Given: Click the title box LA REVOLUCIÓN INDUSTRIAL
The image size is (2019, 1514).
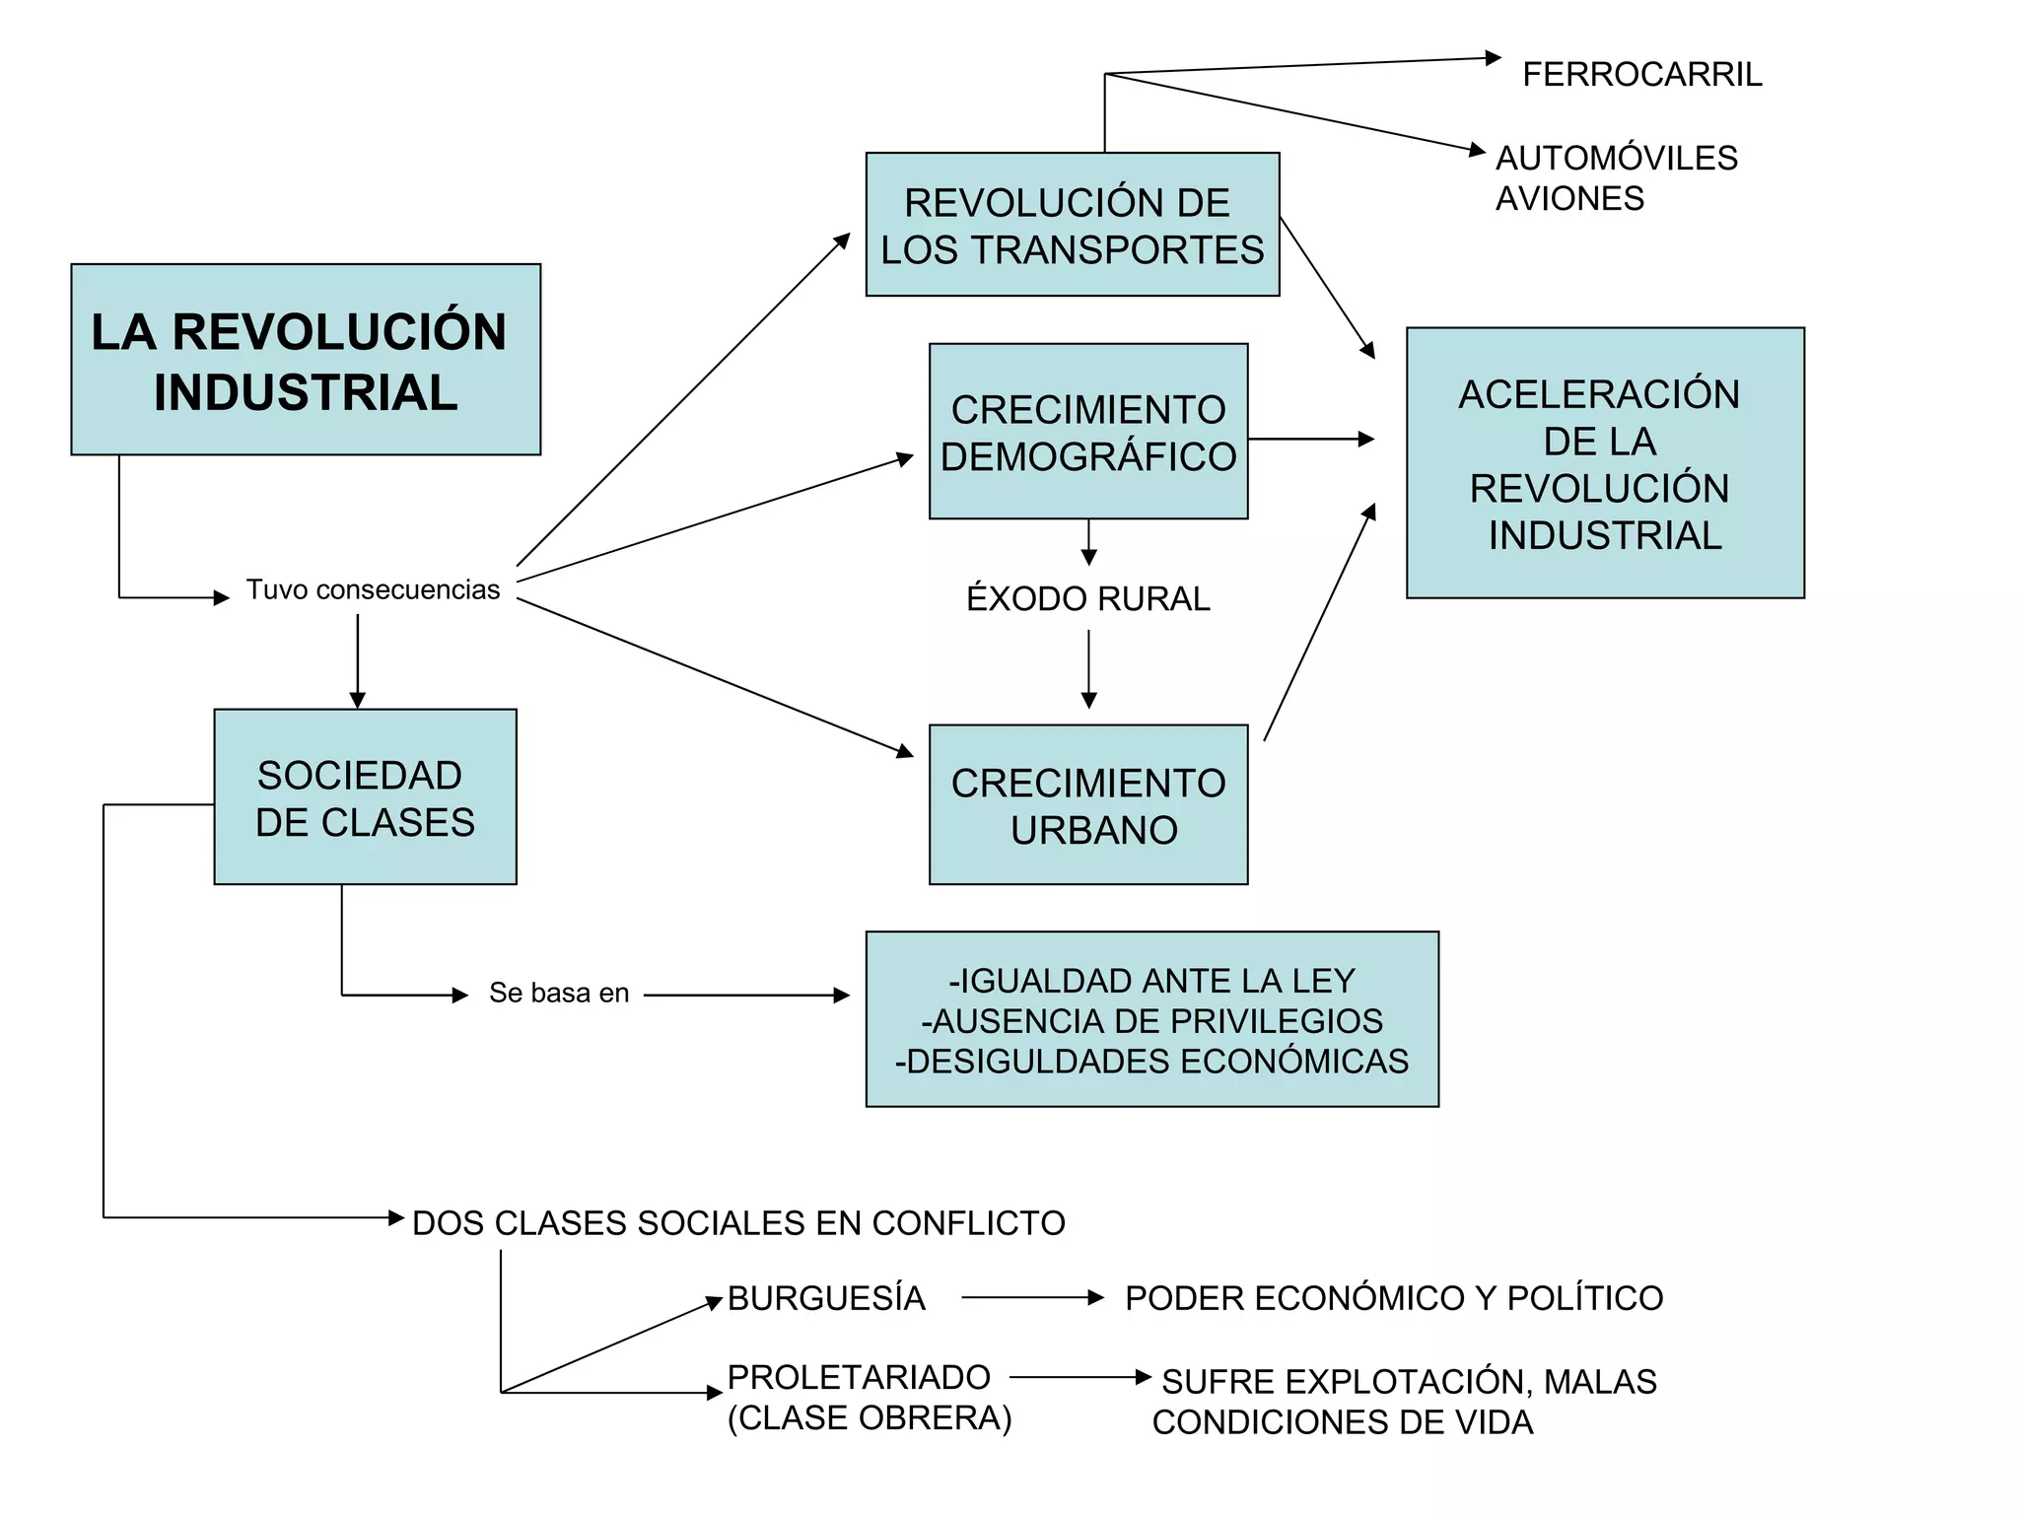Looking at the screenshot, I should click(306, 360).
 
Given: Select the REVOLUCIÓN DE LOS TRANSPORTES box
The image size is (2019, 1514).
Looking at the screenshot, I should click(1073, 225).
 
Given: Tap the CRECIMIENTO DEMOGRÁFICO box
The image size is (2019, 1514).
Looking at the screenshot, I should click(1088, 432).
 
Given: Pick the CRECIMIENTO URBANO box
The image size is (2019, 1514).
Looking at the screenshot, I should click(1088, 805).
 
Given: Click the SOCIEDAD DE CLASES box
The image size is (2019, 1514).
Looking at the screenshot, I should click(365, 797).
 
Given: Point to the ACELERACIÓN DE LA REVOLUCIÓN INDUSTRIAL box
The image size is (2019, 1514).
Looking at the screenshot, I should click(1605, 463).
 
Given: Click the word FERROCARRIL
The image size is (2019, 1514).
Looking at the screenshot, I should click(1641, 75).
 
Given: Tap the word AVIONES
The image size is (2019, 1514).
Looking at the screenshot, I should click(1569, 199).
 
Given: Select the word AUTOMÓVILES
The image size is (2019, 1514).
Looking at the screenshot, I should click(1617, 158).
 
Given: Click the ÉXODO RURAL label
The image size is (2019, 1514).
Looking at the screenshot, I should click(1088, 599).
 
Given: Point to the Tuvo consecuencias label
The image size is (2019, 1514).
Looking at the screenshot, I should click(373, 589).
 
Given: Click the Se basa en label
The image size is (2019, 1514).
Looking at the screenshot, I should click(559, 993).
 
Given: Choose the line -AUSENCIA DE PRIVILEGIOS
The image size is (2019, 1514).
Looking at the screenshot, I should click(1151, 1021).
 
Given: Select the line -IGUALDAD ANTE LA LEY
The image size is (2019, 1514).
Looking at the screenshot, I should click(1151, 981).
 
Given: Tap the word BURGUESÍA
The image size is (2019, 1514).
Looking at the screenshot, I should click(826, 1298).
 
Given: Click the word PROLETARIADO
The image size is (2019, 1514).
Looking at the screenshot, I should click(859, 1377).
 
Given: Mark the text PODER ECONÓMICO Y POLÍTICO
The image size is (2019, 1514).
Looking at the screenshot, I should click(1394, 1298).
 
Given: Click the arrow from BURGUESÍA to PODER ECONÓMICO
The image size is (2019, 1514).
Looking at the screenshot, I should click(1031, 1298).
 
